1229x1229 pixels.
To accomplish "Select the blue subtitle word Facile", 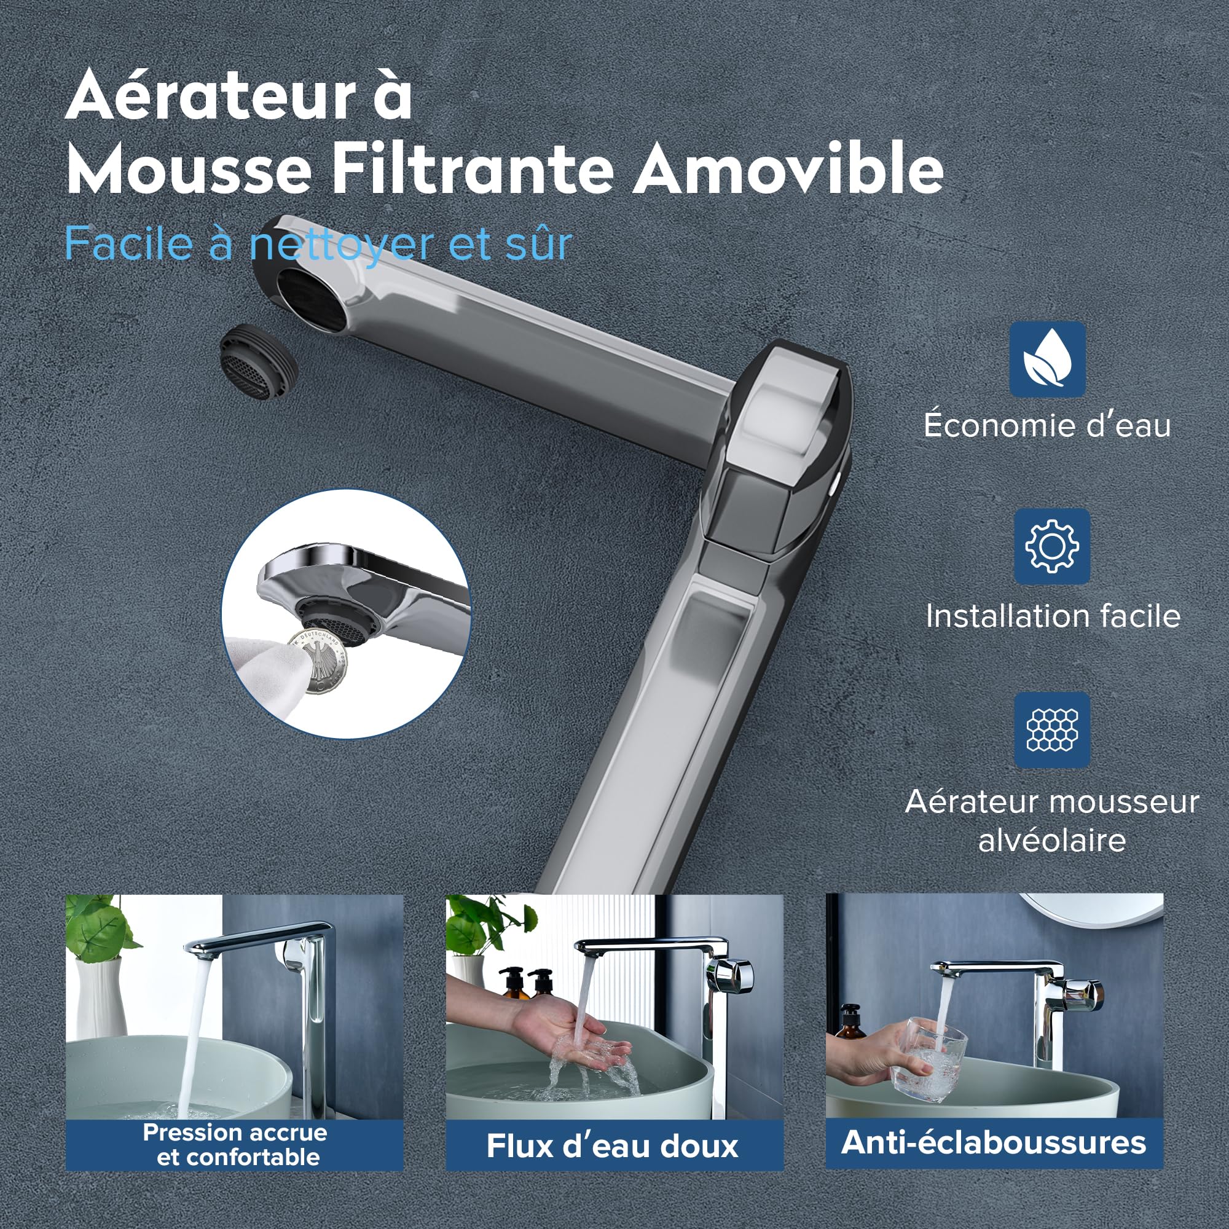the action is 129,243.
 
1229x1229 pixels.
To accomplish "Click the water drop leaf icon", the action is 1048,359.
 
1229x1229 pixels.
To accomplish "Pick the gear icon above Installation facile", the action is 1051,546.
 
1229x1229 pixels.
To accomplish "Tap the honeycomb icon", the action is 1051,729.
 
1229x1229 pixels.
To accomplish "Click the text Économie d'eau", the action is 1047,425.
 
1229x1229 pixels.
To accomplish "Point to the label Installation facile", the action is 1053,616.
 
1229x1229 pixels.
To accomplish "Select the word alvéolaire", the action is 1052,839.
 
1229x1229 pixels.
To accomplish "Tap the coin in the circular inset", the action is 320,663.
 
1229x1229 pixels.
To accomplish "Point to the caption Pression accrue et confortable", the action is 235,1144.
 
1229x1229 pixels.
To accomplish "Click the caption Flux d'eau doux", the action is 613,1145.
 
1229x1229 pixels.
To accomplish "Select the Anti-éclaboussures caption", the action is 994,1142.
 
